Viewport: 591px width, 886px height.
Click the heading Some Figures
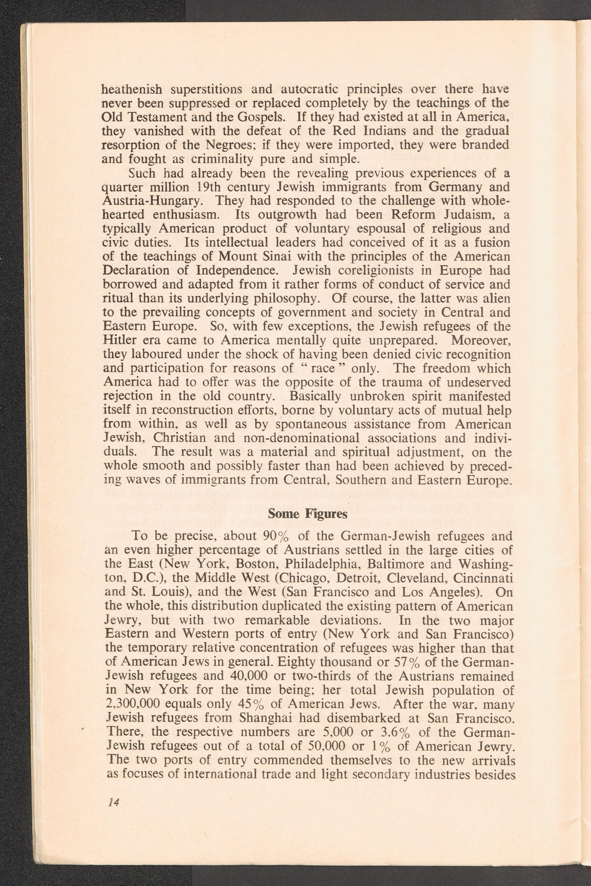pos(307,514)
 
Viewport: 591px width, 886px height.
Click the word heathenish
pos(132,89)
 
